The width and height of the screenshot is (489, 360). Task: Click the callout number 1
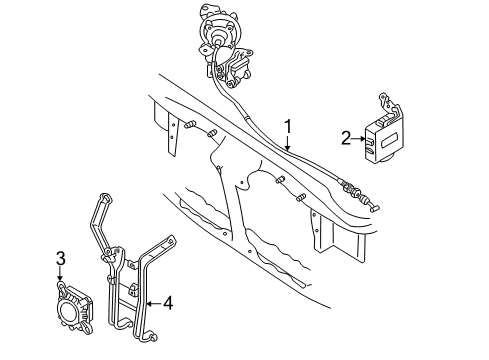(288, 128)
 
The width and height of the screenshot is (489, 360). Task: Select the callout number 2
(345, 139)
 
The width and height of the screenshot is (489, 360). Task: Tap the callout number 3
(59, 259)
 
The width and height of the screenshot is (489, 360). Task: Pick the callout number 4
(167, 303)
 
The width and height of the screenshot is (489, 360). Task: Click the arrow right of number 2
(359, 140)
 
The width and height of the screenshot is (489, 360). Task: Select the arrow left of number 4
(153, 303)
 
